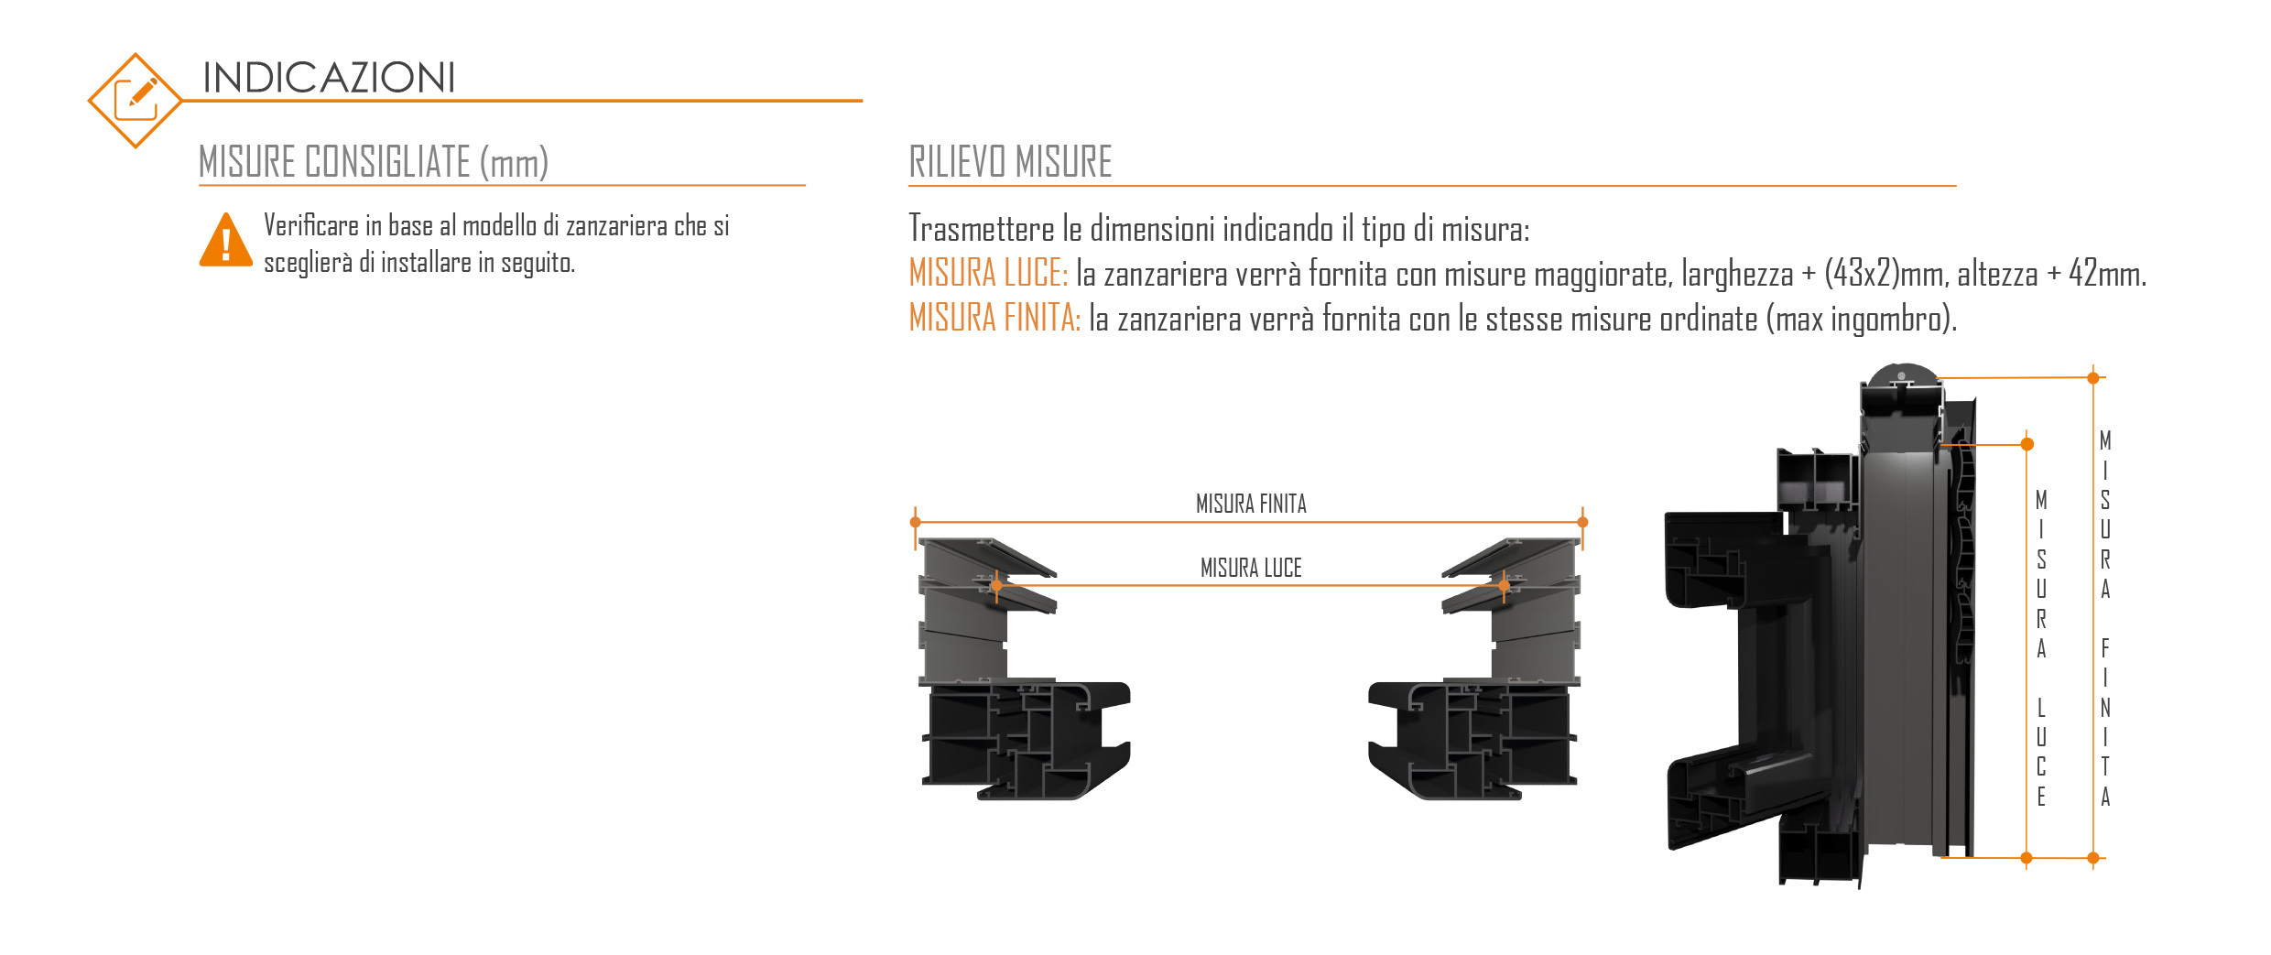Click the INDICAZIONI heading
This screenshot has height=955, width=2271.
coord(329,78)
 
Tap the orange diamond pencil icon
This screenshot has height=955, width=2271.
coord(136,101)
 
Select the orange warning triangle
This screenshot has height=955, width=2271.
coord(225,240)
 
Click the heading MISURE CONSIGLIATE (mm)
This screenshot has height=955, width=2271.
coord(374,162)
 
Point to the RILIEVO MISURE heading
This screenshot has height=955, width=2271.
coord(1010,162)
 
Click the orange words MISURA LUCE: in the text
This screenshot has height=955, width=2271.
coord(988,273)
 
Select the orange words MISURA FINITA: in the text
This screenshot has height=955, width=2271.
coord(994,318)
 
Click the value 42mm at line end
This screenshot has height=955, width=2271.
coord(2107,273)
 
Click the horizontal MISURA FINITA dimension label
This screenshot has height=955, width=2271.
coord(1251,504)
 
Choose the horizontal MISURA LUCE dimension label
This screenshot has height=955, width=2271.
coord(1251,568)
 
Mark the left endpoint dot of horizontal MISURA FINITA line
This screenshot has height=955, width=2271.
coord(916,522)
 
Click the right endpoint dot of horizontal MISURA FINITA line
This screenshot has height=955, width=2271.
coord(1582,522)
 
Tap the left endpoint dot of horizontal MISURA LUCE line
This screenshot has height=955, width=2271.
coord(996,585)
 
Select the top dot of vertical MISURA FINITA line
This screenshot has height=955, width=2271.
coord(2092,377)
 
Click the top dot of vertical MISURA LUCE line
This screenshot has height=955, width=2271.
coord(2027,444)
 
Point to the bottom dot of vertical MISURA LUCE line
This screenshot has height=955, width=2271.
coord(2026,858)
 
